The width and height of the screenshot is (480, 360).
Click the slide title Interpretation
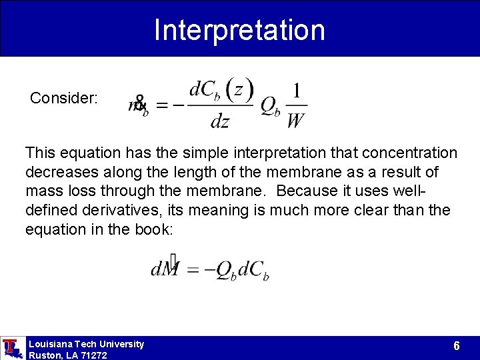coord(239,30)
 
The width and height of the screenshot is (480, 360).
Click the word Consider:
coord(64,99)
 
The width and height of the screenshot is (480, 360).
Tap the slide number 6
coord(456,346)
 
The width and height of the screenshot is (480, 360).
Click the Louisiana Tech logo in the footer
coord(11,347)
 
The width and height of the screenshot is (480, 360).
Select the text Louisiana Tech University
coord(86,344)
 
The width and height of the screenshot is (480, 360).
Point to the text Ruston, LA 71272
coord(67,355)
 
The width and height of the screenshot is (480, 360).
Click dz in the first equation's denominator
coord(219,122)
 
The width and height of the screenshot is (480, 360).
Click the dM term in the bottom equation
coord(164,269)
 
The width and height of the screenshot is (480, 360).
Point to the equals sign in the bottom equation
coord(193,270)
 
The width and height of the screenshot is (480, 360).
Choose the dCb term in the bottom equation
coord(253,270)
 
